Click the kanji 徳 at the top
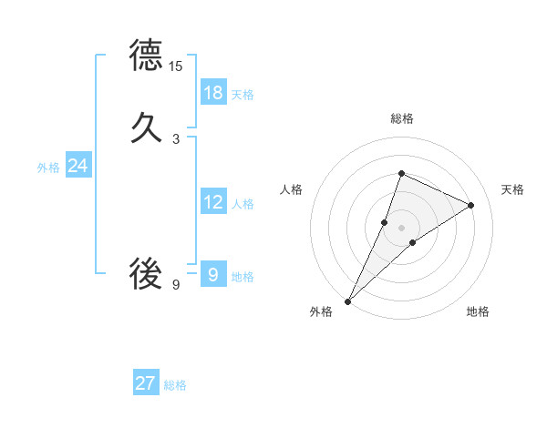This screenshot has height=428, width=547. [x=146, y=56]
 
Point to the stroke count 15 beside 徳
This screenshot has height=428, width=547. [x=176, y=66]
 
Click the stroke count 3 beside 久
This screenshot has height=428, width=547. [x=176, y=139]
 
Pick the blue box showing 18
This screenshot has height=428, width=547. [x=213, y=92]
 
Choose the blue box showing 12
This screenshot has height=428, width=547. [x=213, y=202]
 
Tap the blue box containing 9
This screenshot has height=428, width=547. [x=213, y=273]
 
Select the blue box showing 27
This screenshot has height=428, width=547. [x=146, y=383]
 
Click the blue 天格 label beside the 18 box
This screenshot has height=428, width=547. [x=243, y=94]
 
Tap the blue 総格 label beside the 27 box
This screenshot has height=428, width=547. [x=175, y=385]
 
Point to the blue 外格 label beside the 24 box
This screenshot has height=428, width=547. [x=48, y=167]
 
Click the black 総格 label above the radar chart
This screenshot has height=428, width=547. [x=401, y=118]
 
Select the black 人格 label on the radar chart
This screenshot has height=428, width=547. [x=291, y=189]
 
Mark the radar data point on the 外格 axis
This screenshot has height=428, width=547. [x=348, y=301]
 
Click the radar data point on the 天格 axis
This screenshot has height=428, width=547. [x=471, y=205]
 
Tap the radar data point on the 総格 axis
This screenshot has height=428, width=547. [x=401, y=174]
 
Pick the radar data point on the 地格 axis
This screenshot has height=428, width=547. [x=413, y=242]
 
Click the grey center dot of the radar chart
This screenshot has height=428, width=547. [x=401, y=227]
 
